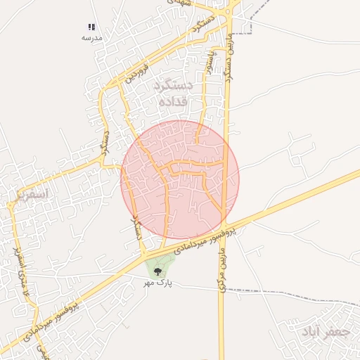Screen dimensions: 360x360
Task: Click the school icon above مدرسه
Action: pos(91,27)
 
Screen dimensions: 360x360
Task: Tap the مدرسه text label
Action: pos(92,37)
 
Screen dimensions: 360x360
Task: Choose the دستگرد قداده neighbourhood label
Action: pos(172,94)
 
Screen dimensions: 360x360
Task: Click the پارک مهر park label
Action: pos(158,283)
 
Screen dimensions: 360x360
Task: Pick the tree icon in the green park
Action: pos(157,270)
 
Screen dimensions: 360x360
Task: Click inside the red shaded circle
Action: pos(180,180)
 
